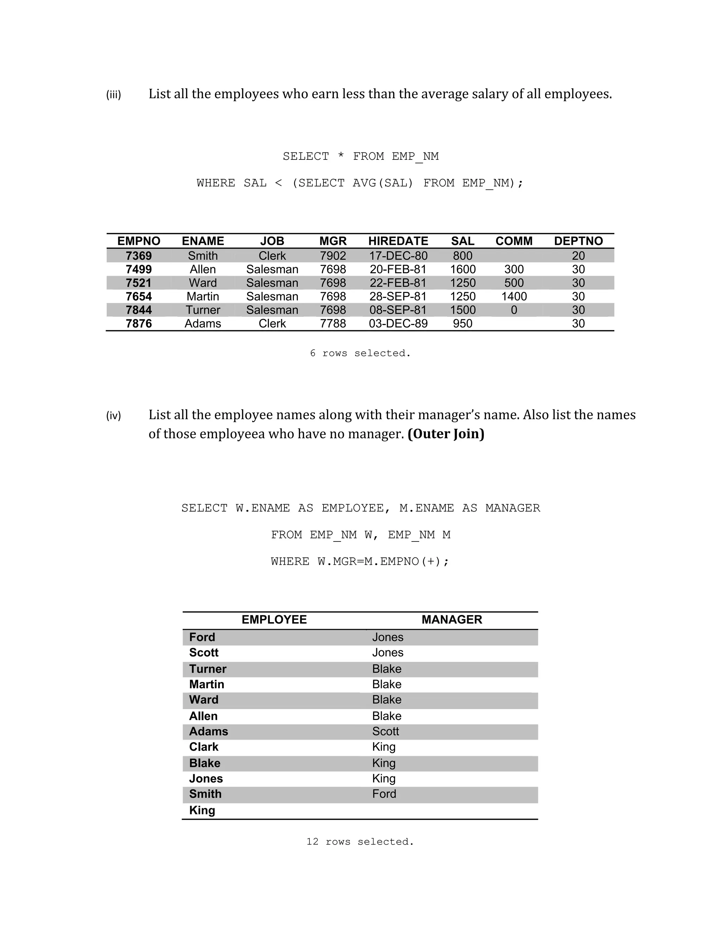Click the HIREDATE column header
(x=398, y=241)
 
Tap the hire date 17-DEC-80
(x=398, y=256)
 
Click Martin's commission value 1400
(x=514, y=296)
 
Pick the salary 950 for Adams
(x=463, y=324)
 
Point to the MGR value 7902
(x=333, y=256)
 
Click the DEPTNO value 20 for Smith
(x=578, y=256)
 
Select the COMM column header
(x=514, y=241)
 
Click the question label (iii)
(x=114, y=94)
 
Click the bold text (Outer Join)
(x=446, y=434)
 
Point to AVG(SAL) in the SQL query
(x=383, y=183)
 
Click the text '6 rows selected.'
(x=360, y=353)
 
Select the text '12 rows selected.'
(x=360, y=841)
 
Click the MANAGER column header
(x=451, y=619)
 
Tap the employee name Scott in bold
(x=204, y=653)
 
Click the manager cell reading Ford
(x=384, y=794)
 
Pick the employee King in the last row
(x=202, y=810)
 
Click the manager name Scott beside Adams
(x=385, y=731)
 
